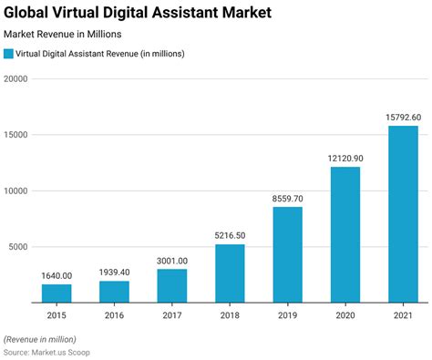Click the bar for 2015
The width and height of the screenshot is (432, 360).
(x=57, y=293)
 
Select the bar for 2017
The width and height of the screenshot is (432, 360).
(x=172, y=285)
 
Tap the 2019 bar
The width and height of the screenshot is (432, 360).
(x=287, y=254)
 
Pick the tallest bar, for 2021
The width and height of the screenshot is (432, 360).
(x=403, y=213)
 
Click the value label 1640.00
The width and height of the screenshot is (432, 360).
(x=57, y=275)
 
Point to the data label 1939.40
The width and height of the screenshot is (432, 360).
(x=114, y=273)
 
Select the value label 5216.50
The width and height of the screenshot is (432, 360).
(x=230, y=236)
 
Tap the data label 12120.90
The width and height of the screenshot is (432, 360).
(x=345, y=159)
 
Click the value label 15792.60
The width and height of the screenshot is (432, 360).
(x=403, y=117)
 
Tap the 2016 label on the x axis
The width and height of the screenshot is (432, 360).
(x=114, y=315)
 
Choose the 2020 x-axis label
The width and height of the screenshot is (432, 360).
(x=345, y=315)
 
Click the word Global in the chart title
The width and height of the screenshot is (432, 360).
(x=30, y=13)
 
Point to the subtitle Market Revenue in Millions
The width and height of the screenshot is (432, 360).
(x=63, y=34)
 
